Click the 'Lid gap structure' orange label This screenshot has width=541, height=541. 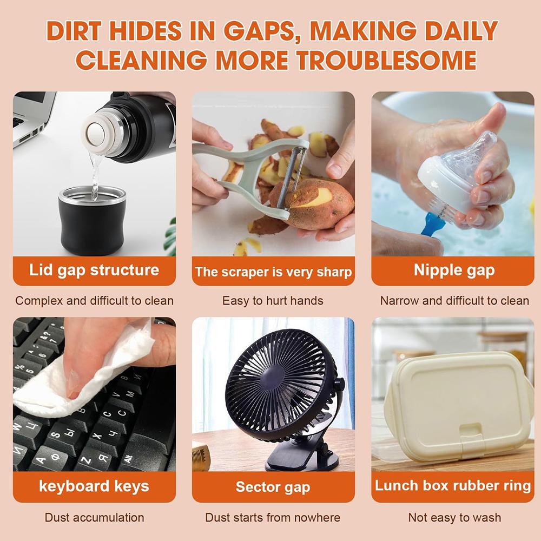[x=94, y=270]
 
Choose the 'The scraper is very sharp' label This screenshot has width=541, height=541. [x=273, y=272]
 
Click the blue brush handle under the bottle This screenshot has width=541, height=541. [x=431, y=223]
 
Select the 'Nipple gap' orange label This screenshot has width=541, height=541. [x=453, y=270]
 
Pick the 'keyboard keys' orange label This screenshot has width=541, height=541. [x=94, y=486]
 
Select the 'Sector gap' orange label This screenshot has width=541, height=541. [x=273, y=486]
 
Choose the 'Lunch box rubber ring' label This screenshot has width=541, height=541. [x=453, y=485]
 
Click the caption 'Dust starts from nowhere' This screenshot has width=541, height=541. [x=273, y=518]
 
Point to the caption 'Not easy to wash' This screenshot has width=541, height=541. [x=454, y=518]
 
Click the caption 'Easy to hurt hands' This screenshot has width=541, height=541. [x=273, y=301]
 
